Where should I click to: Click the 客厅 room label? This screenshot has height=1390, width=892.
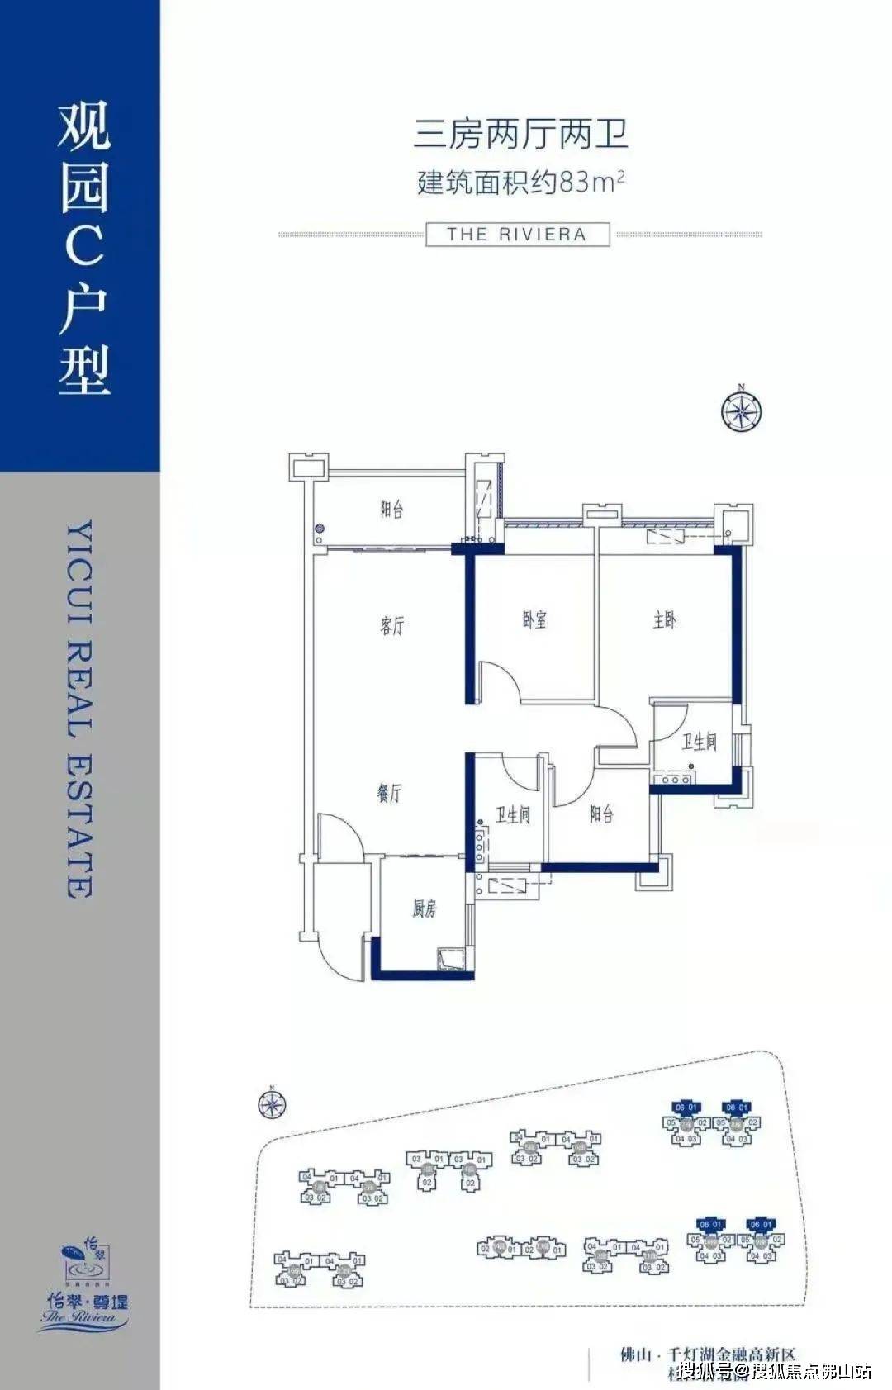pyautogui.click(x=392, y=625)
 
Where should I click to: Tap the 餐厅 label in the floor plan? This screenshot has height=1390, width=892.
pyautogui.click(x=389, y=794)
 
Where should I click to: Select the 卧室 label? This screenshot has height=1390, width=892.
pyautogui.click(x=534, y=619)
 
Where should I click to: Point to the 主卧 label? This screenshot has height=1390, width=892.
pyautogui.click(x=665, y=619)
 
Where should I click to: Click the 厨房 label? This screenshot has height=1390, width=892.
pyautogui.click(x=425, y=909)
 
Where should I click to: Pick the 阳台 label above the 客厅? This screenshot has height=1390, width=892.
pyautogui.click(x=391, y=510)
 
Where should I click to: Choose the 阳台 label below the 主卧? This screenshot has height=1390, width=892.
pyautogui.click(x=601, y=815)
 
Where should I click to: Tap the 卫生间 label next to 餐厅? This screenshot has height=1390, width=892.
pyautogui.click(x=512, y=815)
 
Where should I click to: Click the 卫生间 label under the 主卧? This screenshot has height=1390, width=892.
pyautogui.click(x=699, y=742)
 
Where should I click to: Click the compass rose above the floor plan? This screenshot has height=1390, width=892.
pyautogui.click(x=741, y=410)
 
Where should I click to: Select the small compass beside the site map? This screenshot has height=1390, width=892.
pyautogui.click(x=271, y=1104)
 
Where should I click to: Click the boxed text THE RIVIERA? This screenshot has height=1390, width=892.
pyautogui.click(x=517, y=235)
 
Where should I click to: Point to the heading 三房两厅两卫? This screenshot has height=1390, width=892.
pyautogui.click(x=520, y=134)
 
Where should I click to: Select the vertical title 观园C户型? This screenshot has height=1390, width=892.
pyautogui.click(x=83, y=248)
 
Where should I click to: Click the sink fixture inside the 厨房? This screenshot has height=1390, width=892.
pyautogui.click(x=450, y=960)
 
